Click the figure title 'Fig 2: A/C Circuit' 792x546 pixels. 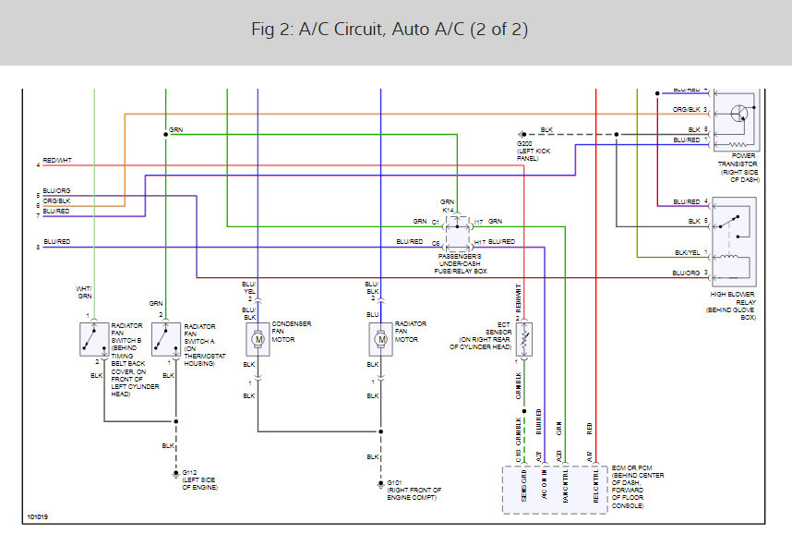click(389, 30)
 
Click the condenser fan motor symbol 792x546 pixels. click(257, 339)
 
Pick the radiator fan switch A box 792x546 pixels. click(165, 339)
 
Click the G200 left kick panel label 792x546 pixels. click(534, 151)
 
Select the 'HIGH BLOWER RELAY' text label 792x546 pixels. click(734, 305)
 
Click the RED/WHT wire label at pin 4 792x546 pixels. click(56, 161)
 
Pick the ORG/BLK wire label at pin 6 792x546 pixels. click(56, 200)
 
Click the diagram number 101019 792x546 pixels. click(37, 516)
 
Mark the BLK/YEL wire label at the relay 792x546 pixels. click(687, 252)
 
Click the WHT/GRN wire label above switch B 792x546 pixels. click(84, 292)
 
